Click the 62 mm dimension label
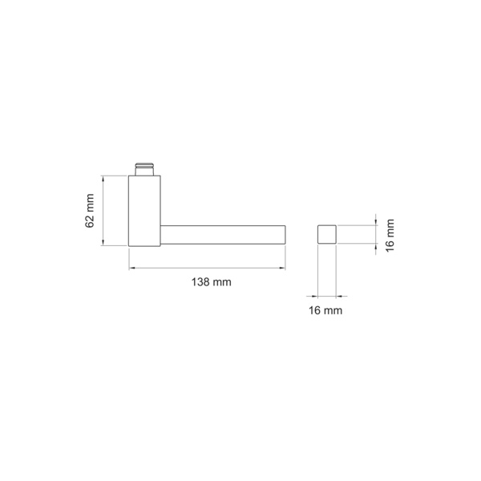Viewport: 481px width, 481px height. [89, 211]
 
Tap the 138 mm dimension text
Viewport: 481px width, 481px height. [212, 282]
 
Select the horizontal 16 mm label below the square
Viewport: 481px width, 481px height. [325, 310]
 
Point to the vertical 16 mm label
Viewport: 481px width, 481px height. [390, 235]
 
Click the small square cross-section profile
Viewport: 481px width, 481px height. [327, 234]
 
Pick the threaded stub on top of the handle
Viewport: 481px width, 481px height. [144, 168]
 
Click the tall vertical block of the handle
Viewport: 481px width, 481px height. [144, 211]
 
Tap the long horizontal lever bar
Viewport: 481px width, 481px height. [223, 235]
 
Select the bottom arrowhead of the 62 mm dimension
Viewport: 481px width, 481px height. [103, 242]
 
